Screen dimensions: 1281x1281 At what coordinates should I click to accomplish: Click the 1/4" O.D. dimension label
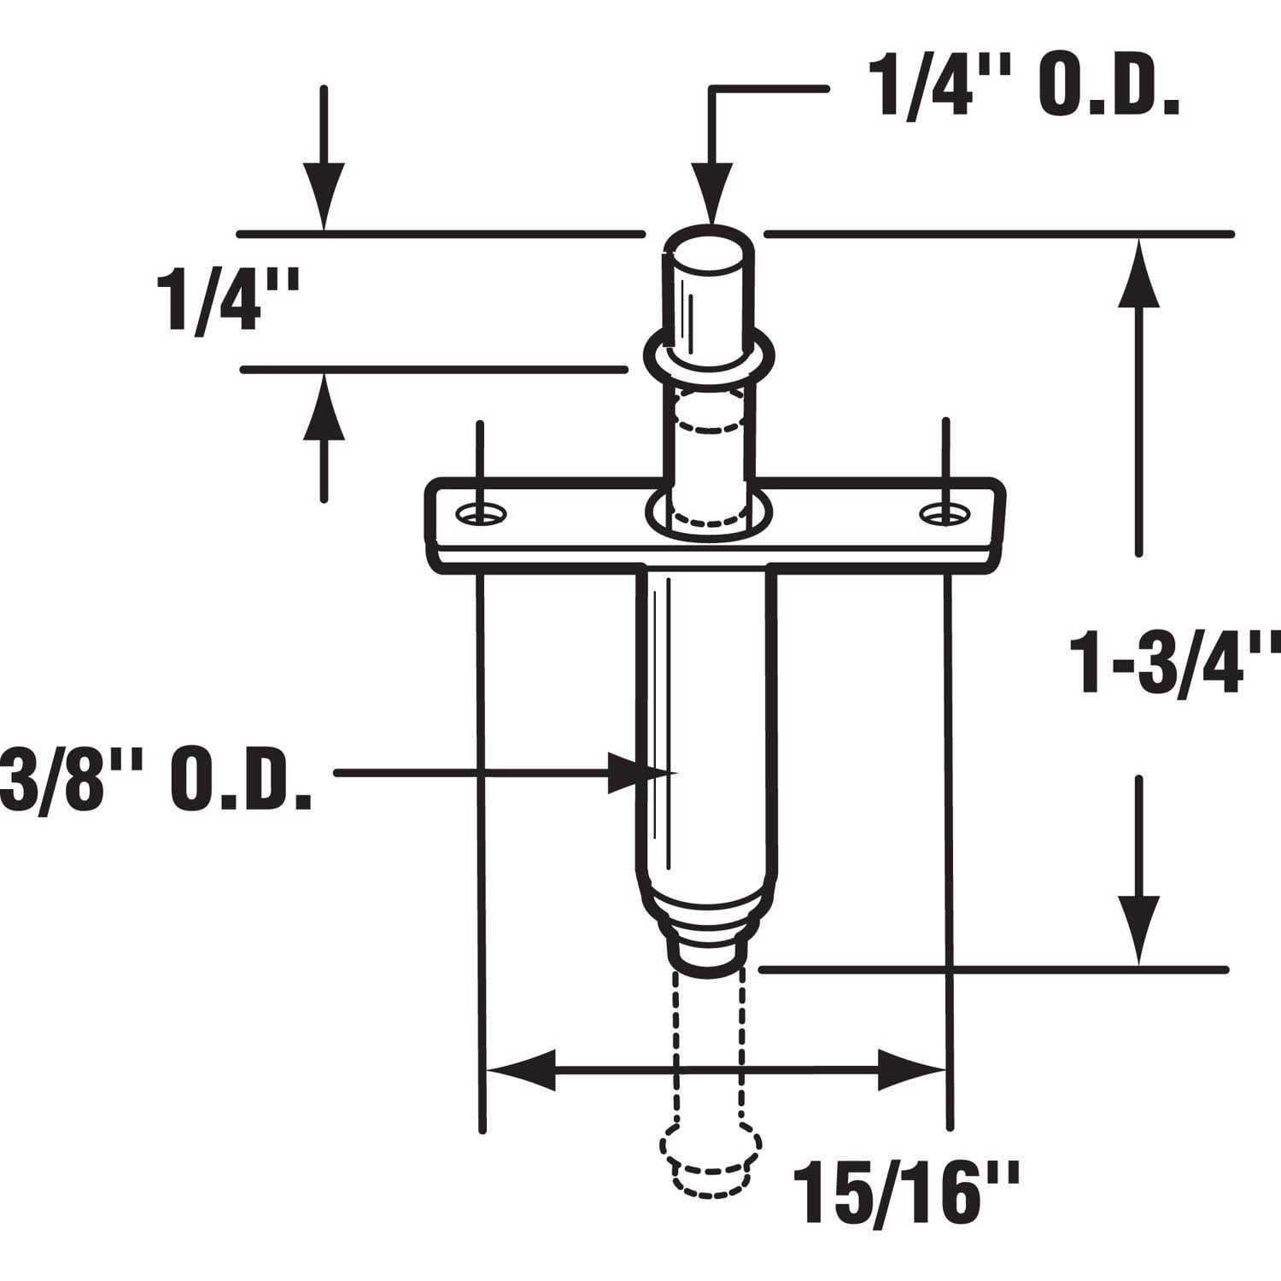tap(1023, 87)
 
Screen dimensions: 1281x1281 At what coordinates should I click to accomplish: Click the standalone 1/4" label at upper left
tap(228, 299)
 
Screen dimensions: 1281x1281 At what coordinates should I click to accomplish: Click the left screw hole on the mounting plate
tap(482, 513)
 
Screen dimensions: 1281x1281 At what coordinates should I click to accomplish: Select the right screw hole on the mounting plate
tap(944, 513)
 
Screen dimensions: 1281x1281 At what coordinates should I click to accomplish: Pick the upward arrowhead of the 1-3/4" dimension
tap(1138, 273)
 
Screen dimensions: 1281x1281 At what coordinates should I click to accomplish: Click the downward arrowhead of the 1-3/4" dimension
tap(1138, 931)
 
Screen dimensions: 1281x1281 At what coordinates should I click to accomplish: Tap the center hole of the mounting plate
tap(708, 515)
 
